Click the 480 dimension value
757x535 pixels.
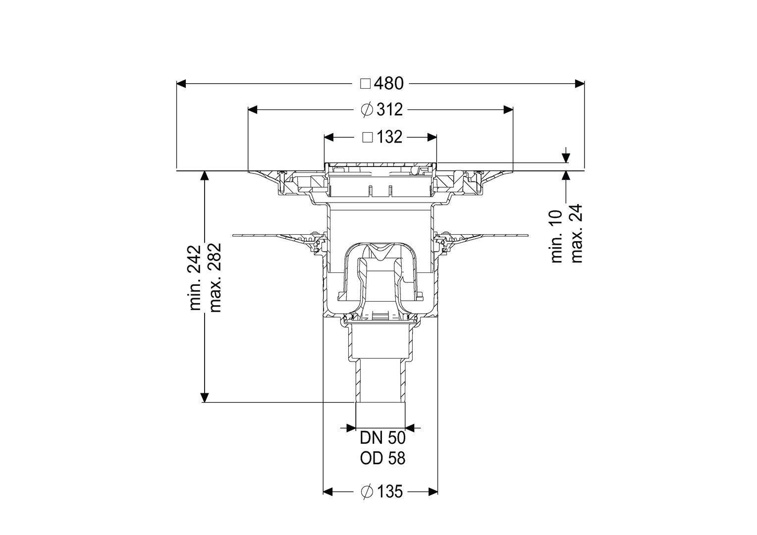pos(388,84)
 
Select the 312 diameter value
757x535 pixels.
pos(390,110)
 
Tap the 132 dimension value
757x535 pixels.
pos(389,137)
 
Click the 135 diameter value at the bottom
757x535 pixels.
pos(390,501)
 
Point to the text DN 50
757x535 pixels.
pos(382,439)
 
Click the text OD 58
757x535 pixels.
pos(382,459)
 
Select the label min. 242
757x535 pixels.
pos(195,278)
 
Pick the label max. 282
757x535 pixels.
pos(215,278)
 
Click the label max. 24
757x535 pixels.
pos(576,233)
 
